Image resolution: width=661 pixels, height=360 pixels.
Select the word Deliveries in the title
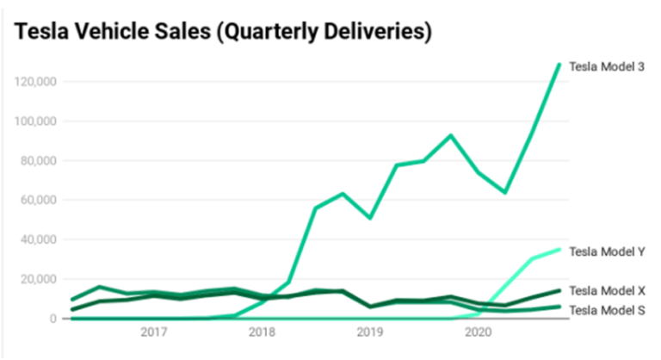[380, 32]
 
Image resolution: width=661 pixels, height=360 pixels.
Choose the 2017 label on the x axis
[153, 332]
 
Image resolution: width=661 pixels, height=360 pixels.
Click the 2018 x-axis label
[262, 332]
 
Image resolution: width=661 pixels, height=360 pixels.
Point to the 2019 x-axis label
[369, 332]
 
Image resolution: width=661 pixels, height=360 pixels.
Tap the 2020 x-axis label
[478, 332]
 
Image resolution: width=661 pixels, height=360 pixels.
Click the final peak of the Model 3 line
[559, 65]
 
